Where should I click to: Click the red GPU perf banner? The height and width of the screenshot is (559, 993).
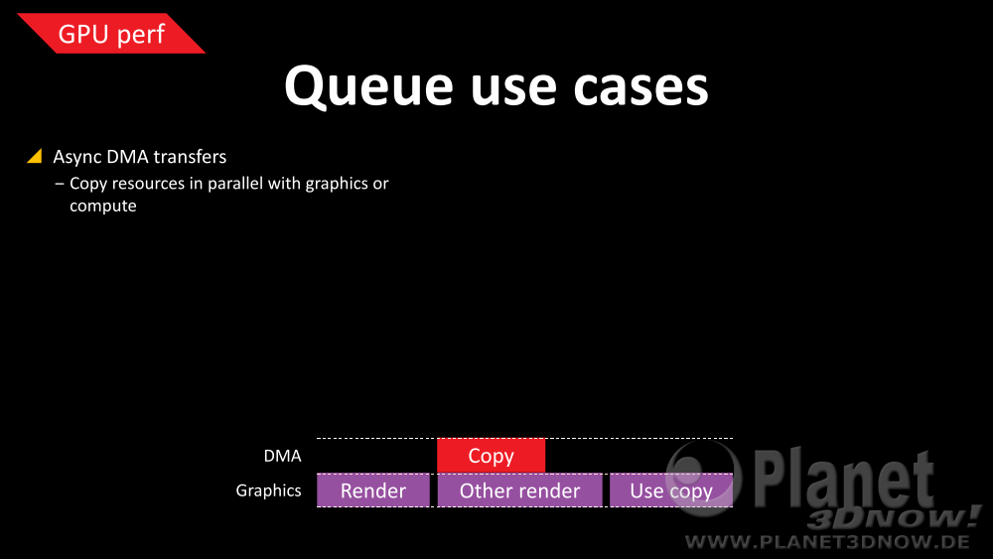pos(111,33)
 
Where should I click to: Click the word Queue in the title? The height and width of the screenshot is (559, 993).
pos(368,86)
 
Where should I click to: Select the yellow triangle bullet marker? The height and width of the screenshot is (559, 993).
pos(35,156)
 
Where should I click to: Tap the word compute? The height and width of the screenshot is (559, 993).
pos(102,207)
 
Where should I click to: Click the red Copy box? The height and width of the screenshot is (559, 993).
pos(491,456)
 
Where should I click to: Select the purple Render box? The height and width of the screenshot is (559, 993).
pos(373,490)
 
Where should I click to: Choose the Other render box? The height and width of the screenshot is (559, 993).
pos(520,490)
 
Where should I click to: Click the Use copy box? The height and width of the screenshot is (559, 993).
pos(671,490)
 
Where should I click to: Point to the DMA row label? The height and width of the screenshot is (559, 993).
pos(282,456)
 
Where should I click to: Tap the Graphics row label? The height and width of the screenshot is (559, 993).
pos(268,490)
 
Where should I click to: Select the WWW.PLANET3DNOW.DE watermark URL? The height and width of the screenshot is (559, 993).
pos(827,542)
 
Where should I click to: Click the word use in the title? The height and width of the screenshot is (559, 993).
pos(513,88)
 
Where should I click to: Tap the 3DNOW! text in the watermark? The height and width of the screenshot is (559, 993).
pos(895,518)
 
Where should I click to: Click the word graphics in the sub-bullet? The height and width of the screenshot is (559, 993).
pos(337,185)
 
